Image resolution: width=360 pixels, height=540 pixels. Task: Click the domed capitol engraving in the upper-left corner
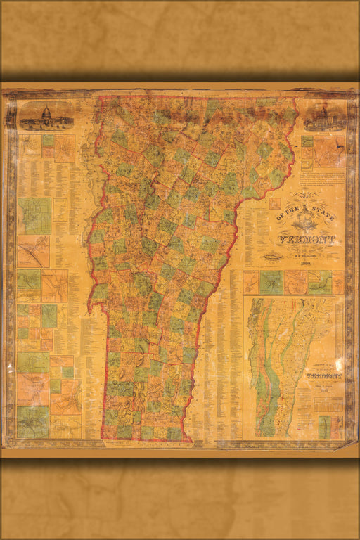[x=46, y=116]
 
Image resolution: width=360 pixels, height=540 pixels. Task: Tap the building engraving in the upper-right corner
[x=323, y=117]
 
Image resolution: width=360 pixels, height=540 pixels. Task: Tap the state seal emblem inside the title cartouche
[x=307, y=222]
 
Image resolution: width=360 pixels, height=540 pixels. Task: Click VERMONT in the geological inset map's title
[x=323, y=376]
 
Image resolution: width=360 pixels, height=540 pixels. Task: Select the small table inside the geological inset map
[x=328, y=404]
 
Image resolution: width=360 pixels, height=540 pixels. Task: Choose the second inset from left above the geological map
[x=271, y=282]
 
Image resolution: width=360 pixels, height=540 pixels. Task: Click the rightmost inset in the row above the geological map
[x=338, y=283]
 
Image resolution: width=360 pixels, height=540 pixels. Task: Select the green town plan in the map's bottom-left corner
[x=34, y=422]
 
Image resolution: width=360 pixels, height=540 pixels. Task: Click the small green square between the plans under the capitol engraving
[x=48, y=141]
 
